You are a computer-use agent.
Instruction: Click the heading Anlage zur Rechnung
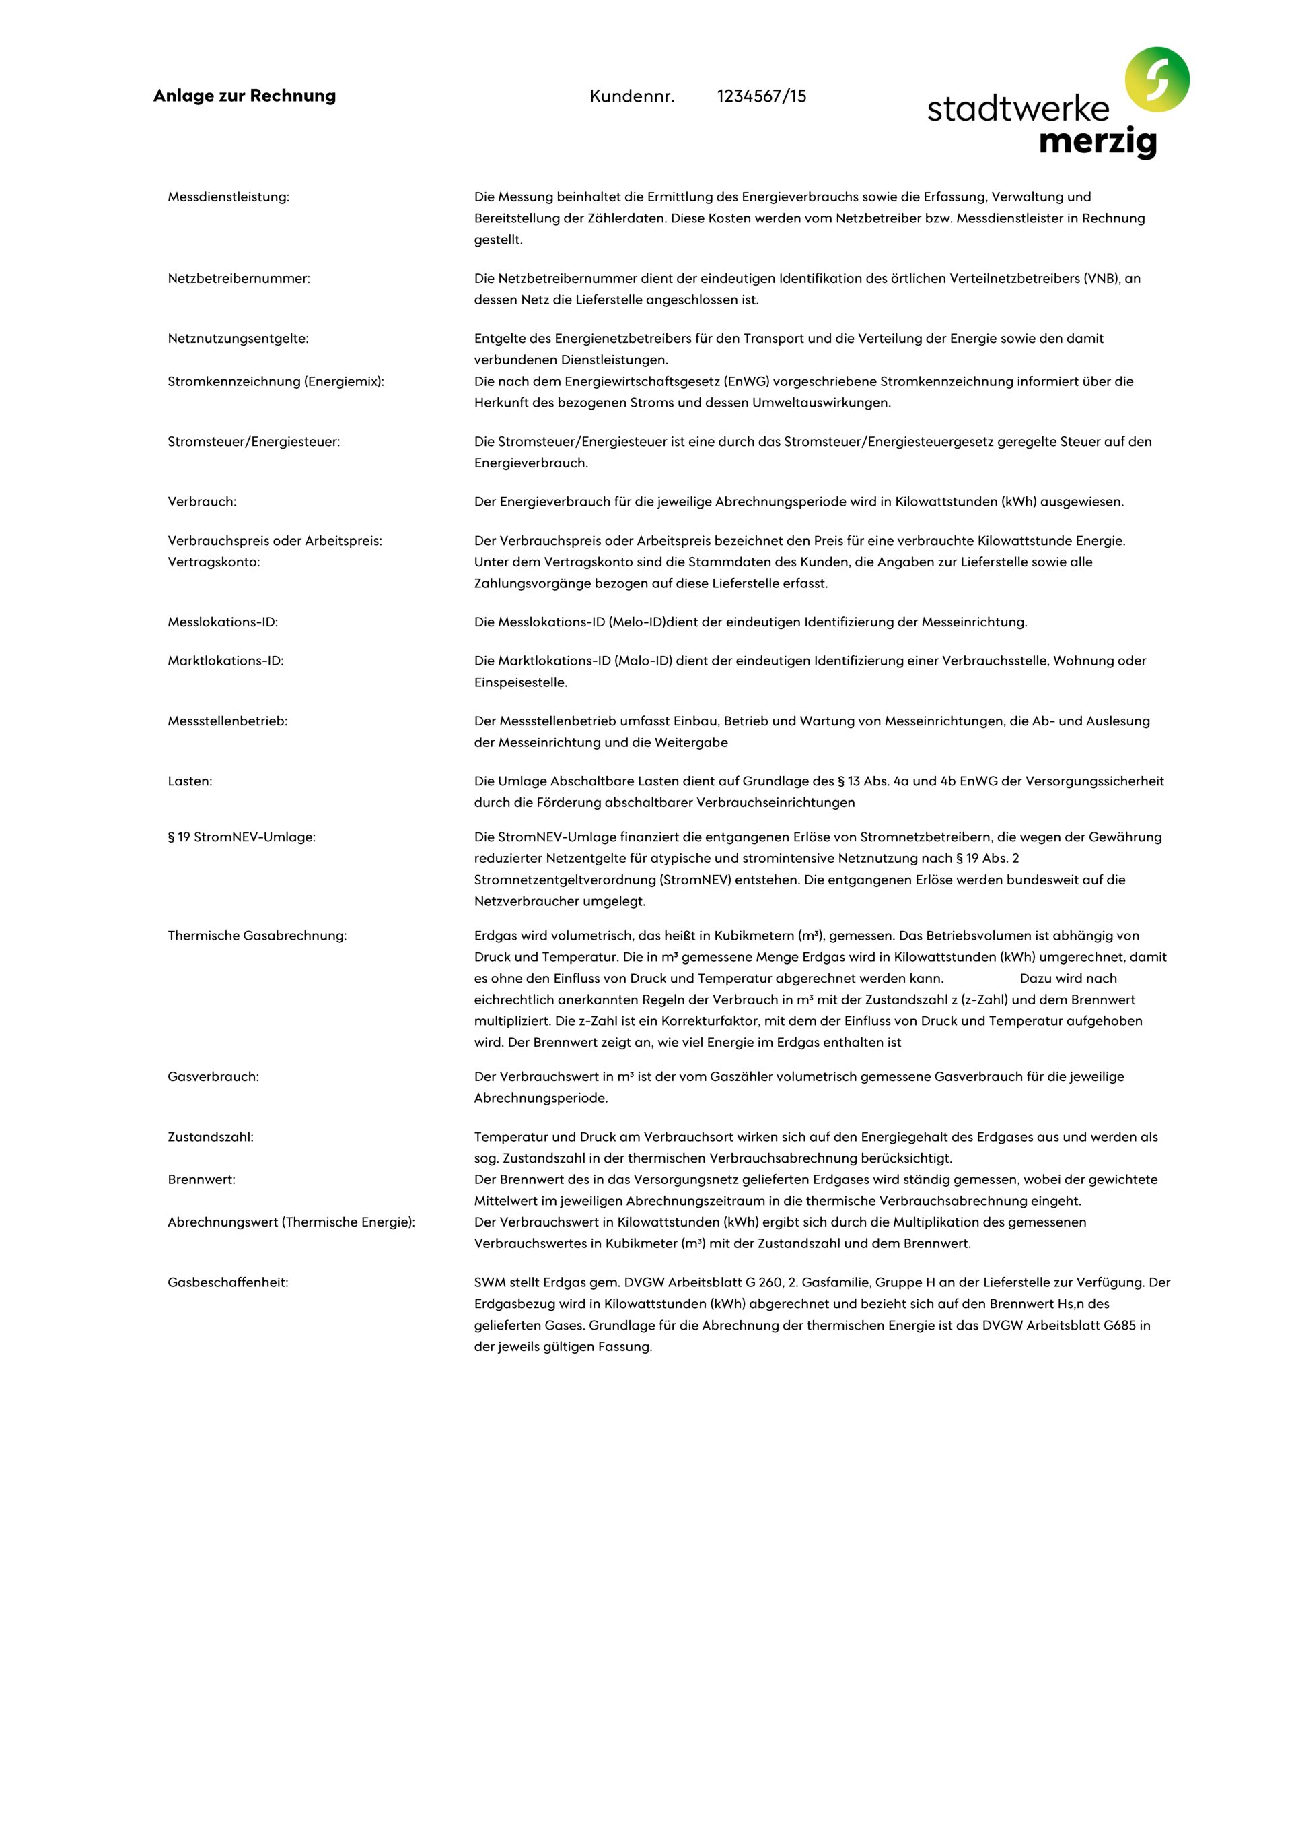point(244,96)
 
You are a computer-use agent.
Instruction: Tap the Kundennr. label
point(632,96)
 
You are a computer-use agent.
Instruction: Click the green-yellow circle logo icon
point(1157,79)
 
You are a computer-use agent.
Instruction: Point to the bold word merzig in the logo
point(1098,142)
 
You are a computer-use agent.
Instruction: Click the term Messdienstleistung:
point(228,197)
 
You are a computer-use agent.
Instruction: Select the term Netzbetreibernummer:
point(238,278)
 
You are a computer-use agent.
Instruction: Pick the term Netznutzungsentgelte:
point(238,339)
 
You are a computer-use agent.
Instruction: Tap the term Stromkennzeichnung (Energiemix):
point(276,382)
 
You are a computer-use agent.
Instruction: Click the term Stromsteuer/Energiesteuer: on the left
point(253,442)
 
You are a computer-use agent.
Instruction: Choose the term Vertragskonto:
point(213,562)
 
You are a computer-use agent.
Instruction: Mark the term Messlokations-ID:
point(222,622)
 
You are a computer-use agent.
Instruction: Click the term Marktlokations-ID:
point(225,661)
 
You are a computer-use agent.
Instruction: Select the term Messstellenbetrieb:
point(227,721)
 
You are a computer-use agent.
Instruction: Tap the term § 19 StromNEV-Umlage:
point(242,837)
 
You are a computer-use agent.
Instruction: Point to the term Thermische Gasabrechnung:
point(256,936)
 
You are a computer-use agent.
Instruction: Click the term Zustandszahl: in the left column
point(211,1138)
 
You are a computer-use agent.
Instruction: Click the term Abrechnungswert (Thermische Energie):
point(291,1222)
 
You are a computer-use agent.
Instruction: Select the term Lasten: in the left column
point(190,782)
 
